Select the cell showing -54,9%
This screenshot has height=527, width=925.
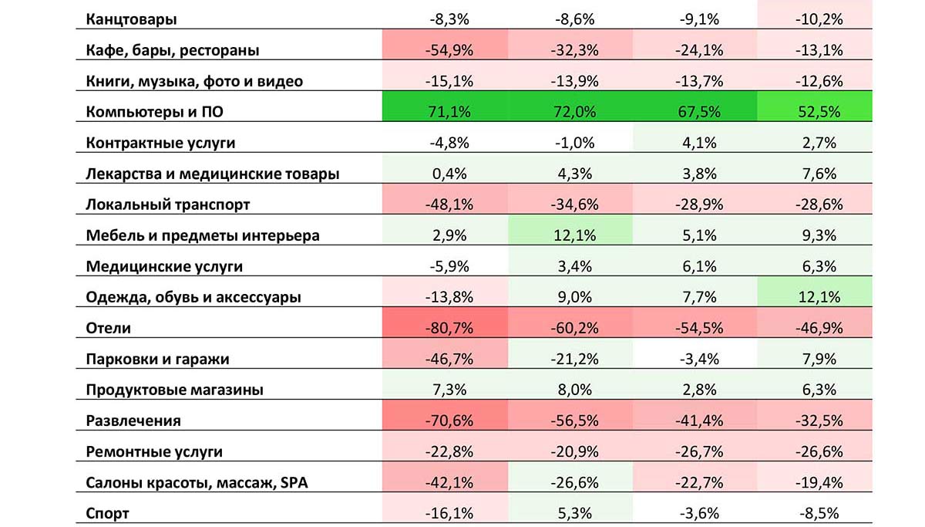(445, 51)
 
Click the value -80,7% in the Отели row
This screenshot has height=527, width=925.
(445, 328)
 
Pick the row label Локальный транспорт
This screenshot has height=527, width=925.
(168, 204)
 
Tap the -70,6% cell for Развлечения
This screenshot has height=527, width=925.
(445, 421)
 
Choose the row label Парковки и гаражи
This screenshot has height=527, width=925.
(158, 359)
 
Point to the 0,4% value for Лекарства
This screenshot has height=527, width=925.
(445, 174)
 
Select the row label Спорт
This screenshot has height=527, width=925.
(108, 513)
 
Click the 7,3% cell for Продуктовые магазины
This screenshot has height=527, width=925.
(445, 390)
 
